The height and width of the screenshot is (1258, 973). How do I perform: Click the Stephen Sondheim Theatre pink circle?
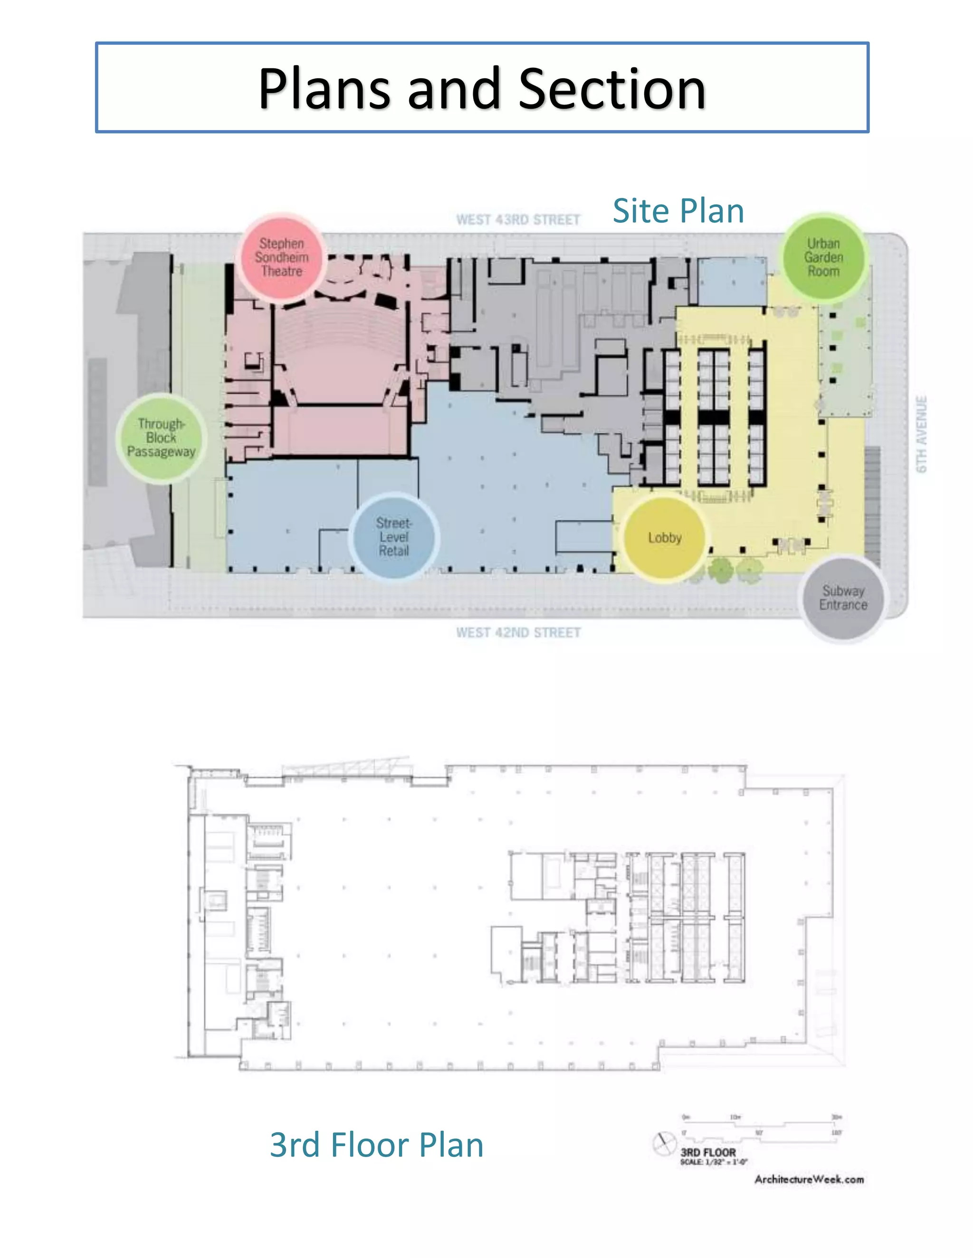[x=282, y=257]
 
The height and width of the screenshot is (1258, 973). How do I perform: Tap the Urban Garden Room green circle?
[x=823, y=257]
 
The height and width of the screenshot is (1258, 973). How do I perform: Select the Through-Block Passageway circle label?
[x=162, y=438]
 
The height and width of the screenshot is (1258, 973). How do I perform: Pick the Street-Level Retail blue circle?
[x=394, y=537]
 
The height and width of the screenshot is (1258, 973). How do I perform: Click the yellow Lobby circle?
[x=665, y=538]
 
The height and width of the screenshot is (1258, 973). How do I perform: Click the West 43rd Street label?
[x=518, y=219]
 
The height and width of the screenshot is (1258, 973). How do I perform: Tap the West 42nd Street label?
[x=518, y=632]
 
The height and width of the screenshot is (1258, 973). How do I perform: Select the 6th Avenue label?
[x=922, y=434]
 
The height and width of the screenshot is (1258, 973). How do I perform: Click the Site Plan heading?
[x=678, y=211]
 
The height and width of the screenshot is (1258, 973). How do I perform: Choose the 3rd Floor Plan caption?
[x=376, y=1145]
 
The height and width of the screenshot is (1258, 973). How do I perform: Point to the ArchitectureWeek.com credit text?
[x=809, y=1180]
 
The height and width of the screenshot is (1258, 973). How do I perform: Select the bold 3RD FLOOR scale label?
[x=708, y=1152]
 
